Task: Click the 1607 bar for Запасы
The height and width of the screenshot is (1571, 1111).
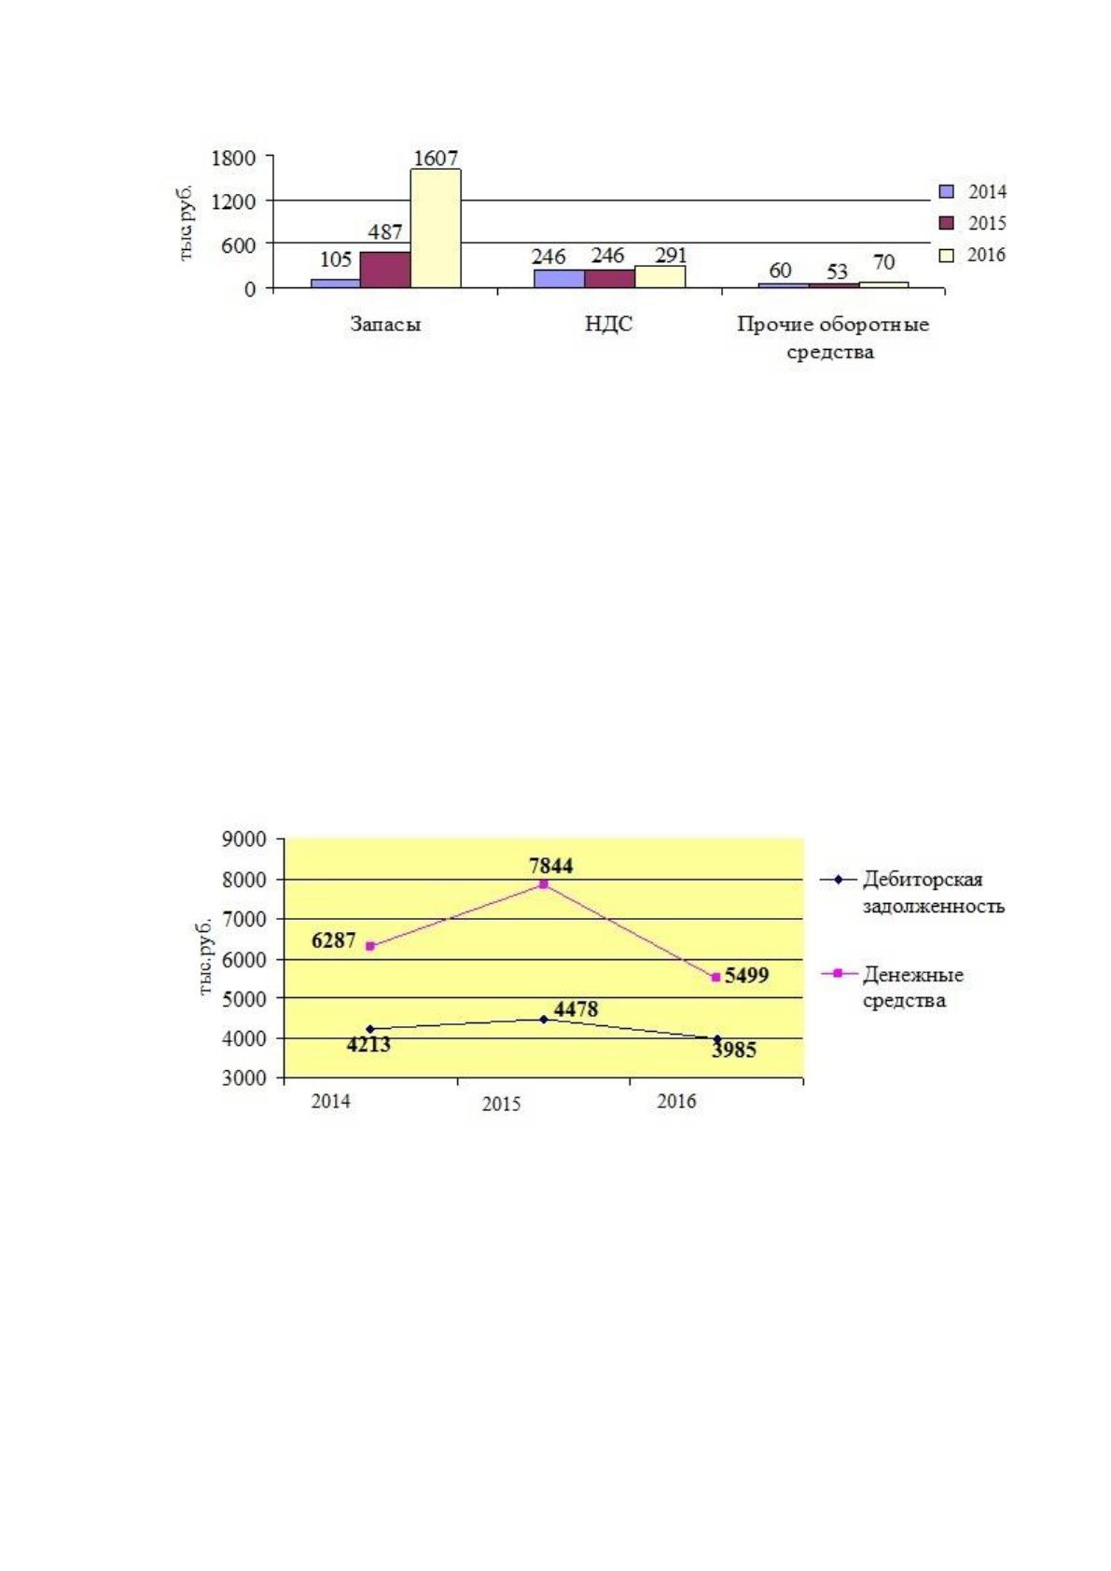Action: (435, 228)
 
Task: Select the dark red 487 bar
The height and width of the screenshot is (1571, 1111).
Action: (385, 270)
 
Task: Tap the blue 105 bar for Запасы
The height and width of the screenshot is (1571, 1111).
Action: (335, 284)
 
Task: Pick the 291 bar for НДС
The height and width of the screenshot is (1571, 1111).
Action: (660, 276)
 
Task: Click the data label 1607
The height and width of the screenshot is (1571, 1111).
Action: (435, 158)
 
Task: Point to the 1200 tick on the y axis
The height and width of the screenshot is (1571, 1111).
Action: (233, 202)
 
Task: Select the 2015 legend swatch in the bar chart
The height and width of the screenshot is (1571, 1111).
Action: (946, 223)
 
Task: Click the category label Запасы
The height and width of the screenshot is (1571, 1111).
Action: (385, 324)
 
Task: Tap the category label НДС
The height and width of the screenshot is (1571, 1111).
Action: (608, 324)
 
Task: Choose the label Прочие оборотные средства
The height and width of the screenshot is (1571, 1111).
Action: (832, 338)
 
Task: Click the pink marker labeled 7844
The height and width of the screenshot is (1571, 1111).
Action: (544, 884)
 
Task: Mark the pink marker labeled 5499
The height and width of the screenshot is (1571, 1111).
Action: (716, 977)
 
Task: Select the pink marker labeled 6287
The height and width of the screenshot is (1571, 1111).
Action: (370, 946)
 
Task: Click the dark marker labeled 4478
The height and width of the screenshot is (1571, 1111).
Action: (544, 1019)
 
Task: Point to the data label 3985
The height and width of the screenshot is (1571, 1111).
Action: (733, 1050)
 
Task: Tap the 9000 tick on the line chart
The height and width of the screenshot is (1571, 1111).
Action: (244, 839)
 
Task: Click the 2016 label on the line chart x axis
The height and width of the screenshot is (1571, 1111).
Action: (676, 1101)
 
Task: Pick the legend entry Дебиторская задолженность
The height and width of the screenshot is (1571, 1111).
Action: (911, 892)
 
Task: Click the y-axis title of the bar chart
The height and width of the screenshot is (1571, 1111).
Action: (186, 222)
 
